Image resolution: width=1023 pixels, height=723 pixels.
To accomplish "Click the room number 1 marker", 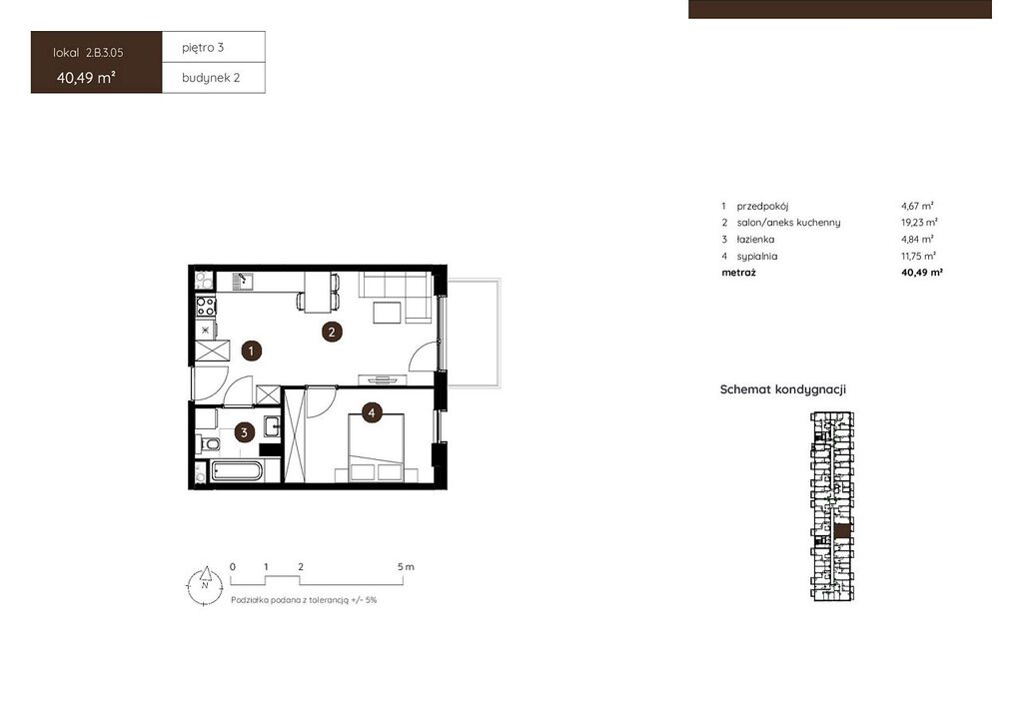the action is [251, 352].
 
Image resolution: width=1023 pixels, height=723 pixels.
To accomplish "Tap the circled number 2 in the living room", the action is [332, 332].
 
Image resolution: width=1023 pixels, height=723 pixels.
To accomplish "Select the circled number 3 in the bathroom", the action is [244, 431].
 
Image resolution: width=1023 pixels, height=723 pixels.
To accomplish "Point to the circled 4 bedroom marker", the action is [372, 412].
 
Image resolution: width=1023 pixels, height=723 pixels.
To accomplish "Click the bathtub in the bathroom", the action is [237, 470].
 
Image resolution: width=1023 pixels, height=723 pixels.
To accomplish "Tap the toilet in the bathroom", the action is [208, 444].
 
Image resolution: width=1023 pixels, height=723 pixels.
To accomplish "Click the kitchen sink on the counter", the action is [244, 281].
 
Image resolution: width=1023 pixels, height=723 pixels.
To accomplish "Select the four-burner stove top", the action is [206, 307].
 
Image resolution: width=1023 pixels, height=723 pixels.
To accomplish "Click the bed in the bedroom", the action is [376, 448].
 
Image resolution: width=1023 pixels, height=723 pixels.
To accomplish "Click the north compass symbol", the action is [205, 584].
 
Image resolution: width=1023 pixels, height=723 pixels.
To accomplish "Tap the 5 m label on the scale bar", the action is [406, 566].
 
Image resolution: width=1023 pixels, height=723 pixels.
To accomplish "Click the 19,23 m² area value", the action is [919, 223].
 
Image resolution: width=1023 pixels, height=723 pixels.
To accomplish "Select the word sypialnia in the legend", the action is [757, 257].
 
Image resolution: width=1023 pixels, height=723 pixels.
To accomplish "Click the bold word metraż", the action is [738, 273].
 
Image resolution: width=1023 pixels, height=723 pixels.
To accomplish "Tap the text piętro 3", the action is [203, 48].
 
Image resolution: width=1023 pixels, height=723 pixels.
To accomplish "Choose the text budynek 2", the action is [211, 78].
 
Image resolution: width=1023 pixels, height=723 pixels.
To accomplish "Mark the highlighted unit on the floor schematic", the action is [843, 530].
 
